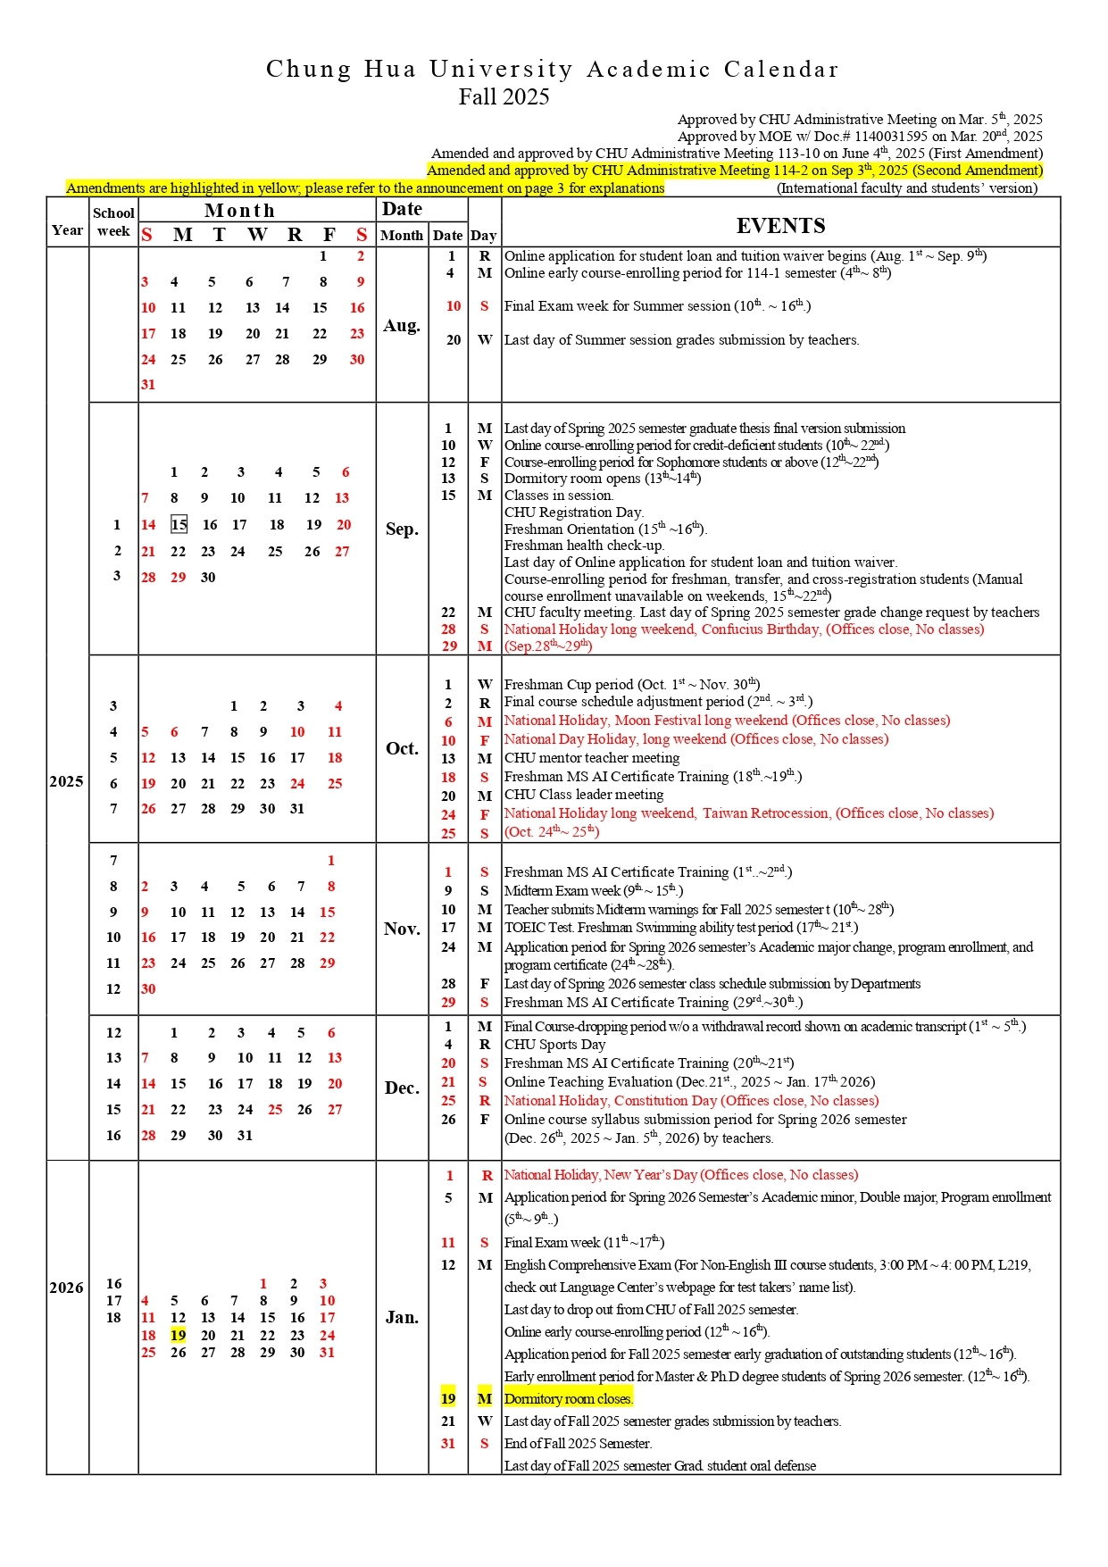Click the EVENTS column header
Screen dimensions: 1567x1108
[x=780, y=226]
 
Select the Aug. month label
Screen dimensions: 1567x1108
[x=402, y=326]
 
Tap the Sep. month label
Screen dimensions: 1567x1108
[x=402, y=529]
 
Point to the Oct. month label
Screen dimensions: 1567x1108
[x=402, y=748]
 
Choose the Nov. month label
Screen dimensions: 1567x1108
[x=402, y=929]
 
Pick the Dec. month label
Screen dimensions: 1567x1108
[x=402, y=1088]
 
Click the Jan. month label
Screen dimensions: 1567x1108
[x=402, y=1318]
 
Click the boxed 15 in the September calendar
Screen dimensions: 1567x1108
[x=179, y=525]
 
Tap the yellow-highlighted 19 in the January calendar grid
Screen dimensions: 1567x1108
[x=179, y=1335]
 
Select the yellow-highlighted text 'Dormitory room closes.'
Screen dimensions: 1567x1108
[x=569, y=1399]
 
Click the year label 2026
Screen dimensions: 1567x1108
[x=67, y=1288]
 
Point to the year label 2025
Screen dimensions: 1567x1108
[x=67, y=781]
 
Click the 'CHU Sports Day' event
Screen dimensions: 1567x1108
[x=554, y=1045]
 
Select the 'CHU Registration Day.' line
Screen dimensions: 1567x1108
[x=574, y=513]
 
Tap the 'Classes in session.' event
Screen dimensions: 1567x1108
[x=559, y=496]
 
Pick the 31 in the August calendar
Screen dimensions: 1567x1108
[x=148, y=385]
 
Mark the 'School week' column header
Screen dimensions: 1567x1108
[x=113, y=222]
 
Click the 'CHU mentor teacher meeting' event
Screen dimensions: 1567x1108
[x=592, y=758]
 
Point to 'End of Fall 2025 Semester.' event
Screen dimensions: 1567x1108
[x=578, y=1444]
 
